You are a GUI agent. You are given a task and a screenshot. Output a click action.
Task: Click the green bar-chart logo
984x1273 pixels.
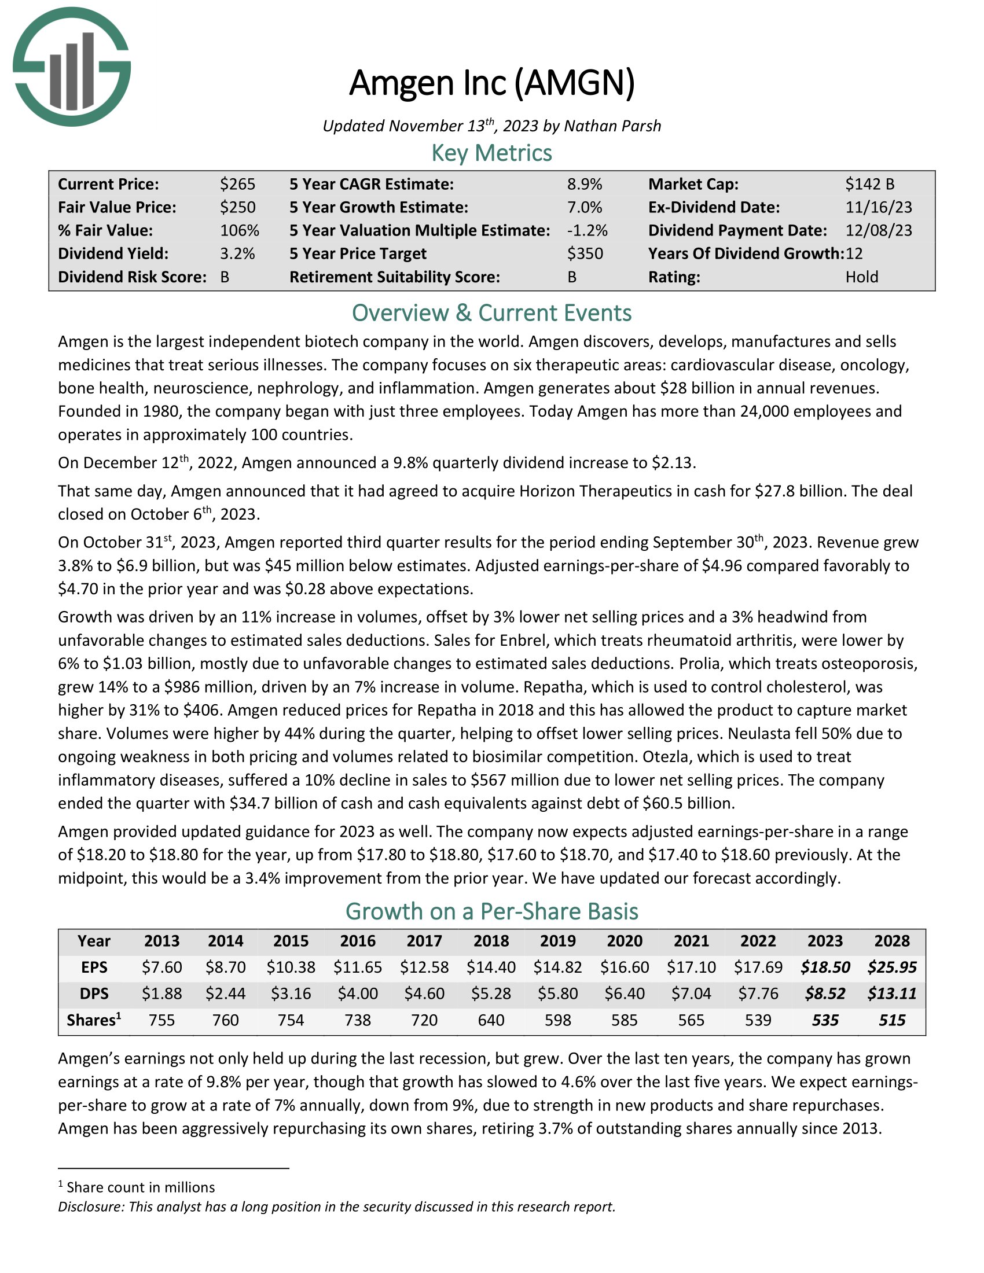[72, 67]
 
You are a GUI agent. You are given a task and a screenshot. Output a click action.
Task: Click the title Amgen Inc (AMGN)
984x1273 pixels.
[491, 83]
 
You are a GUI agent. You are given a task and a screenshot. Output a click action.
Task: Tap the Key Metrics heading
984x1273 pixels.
[491, 153]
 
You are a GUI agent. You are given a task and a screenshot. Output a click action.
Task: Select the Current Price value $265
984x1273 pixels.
[237, 184]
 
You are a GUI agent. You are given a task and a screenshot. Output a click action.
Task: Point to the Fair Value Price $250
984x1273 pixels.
[237, 208]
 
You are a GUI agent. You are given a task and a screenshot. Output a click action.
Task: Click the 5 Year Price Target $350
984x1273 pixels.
[585, 253]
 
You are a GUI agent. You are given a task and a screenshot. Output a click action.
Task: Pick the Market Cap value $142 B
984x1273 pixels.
[870, 184]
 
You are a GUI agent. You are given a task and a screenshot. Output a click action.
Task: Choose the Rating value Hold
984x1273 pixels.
[862, 277]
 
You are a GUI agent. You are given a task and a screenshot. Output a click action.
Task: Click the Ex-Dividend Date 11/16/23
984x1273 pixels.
[879, 208]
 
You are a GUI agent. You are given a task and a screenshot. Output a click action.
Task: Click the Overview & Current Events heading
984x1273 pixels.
[491, 313]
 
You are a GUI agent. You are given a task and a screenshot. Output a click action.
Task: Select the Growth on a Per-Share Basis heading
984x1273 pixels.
[491, 911]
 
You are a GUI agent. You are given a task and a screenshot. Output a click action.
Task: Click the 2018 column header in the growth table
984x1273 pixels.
[491, 941]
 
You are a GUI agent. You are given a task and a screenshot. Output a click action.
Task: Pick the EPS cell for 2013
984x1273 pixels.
[162, 967]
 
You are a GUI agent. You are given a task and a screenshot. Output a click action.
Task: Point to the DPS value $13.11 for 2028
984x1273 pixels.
[891, 993]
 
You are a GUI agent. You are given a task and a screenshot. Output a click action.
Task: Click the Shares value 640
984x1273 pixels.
[491, 1020]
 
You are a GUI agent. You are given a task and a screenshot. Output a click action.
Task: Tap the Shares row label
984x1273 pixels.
[93, 1020]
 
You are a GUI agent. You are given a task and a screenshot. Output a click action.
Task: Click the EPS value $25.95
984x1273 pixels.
[891, 967]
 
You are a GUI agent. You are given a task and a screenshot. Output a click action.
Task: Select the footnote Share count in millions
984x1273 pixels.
[140, 1187]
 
